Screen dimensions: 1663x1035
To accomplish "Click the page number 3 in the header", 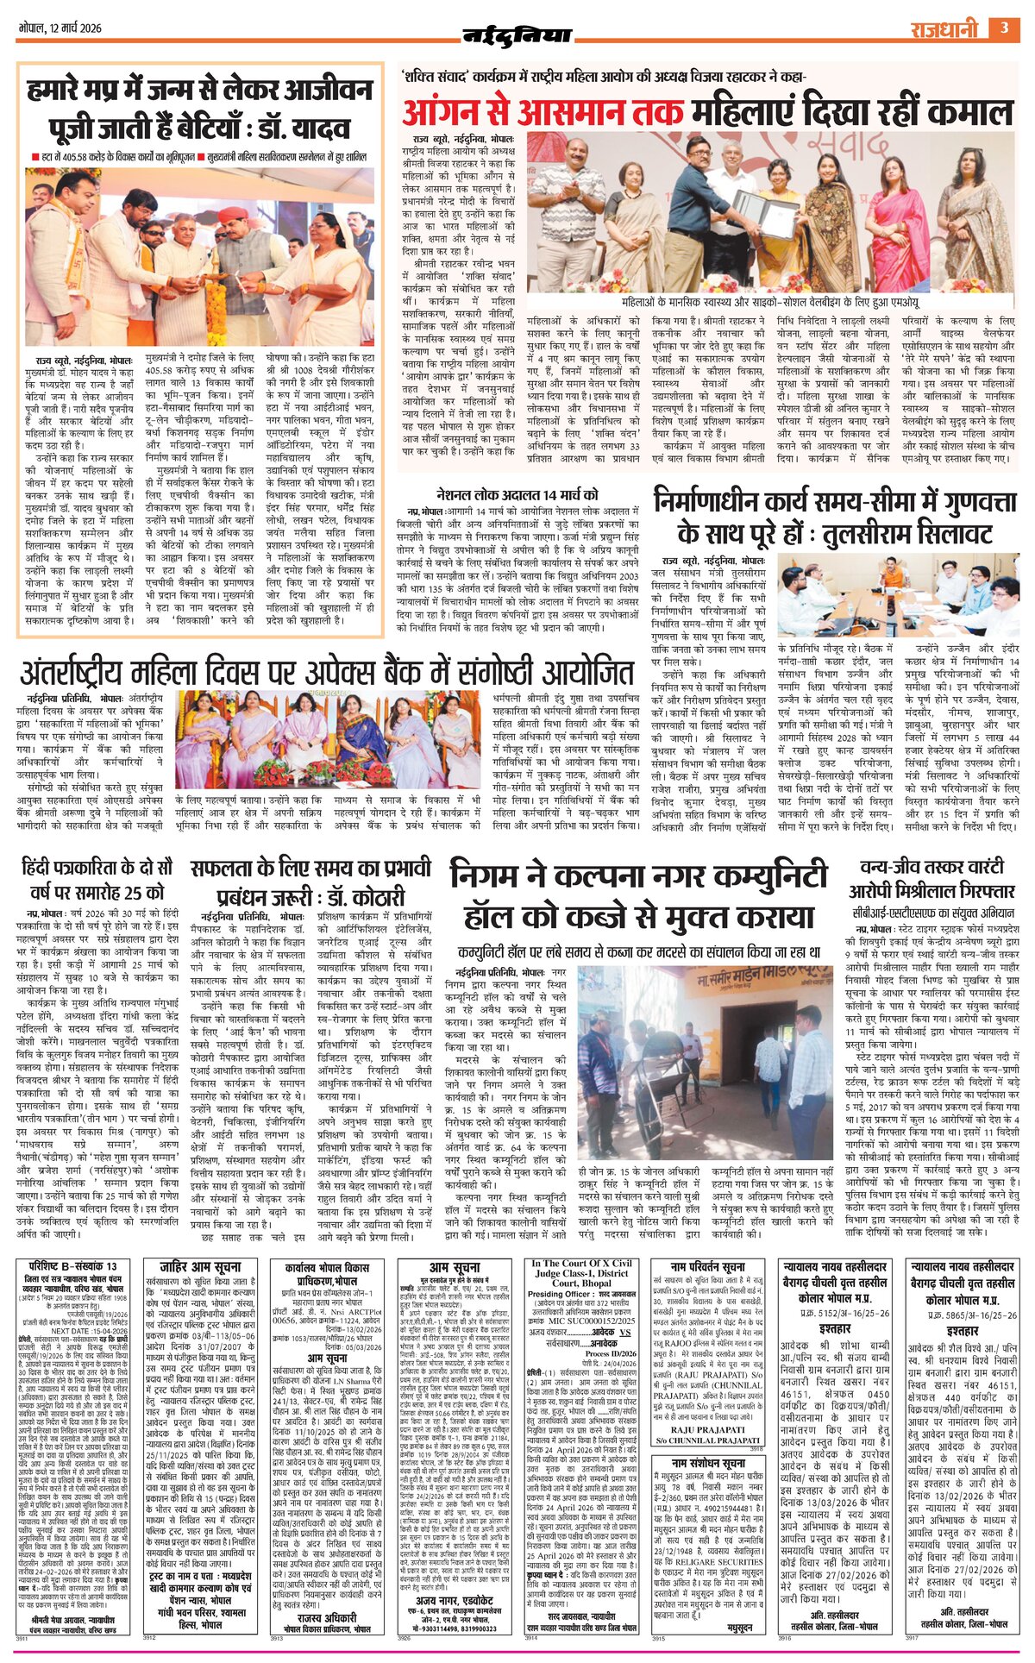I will [x=1004, y=28].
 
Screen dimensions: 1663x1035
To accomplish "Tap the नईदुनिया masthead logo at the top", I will [x=517, y=35].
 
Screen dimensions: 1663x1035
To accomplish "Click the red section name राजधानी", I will [x=944, y=29].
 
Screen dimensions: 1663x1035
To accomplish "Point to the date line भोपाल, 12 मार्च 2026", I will [x=60, y=28].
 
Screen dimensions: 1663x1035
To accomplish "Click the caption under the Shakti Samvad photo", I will [x=770, y=304].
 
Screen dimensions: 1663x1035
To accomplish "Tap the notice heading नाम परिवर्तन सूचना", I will [x=699, y=1266].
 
